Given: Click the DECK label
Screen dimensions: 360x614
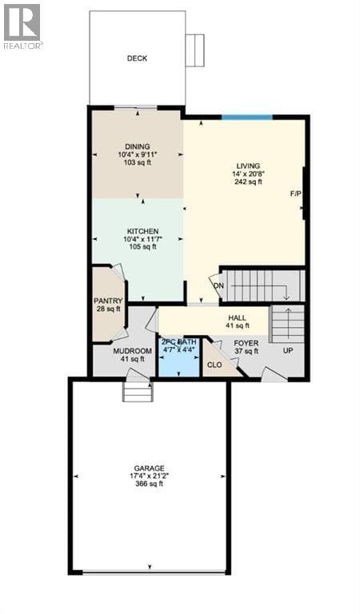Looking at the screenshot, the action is pyautogui.click(x=137, y=58).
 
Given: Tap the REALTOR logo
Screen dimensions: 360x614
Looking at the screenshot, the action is pyautogui.click(x=22, y=26).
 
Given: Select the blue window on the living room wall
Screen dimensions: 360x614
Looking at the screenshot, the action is pyautogui.click(x=246, y=117).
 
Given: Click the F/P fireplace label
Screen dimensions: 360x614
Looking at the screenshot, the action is pyautogui.click(x=296, y=193).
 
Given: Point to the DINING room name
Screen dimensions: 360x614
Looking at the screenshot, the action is pyautogui.click(x=138, y=147).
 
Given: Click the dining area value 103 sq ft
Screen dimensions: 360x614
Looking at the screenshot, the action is pyautogui.click(x=138, y=161).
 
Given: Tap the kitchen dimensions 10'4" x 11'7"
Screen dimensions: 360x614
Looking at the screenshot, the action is pyautogui.click(x=138, y=239).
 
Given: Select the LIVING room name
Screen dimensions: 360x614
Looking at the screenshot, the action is pyautogui.click(x=248, y=166).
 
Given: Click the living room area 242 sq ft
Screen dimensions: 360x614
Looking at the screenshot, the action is pyautogui.click(x=248, y=181).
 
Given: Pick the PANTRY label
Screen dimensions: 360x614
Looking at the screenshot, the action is pyautogui.click(x=108, y=301).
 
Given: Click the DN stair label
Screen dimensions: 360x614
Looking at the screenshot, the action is pyautogui.click(x=218, y=285).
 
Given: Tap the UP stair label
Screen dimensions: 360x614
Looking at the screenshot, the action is pyautogui.click(x=288, y=350).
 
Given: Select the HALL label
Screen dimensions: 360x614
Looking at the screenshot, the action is pyautogui.click(x=238, y=318).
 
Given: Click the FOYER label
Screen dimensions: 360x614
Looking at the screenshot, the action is pyautogui.click(x=246, y=344).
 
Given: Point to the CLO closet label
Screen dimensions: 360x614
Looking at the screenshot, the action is pyautogui.click(x=214, y=365).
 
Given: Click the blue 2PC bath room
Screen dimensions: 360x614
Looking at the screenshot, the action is pyautogui.click(x=179, y=357).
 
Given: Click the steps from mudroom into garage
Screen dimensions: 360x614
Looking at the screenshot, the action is pyautogui.click(x=138, y=392).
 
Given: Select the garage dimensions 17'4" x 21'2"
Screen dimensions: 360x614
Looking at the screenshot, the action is pyautogui.click(x=150, y=476).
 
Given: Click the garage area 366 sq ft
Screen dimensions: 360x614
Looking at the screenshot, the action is pyautogui.click(x=150, y=484).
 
